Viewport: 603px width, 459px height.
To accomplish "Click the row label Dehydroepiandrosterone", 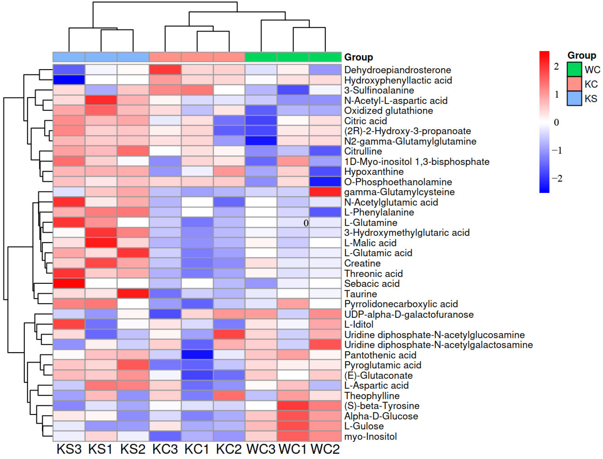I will pos(398,70).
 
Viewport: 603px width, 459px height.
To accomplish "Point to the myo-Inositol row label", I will pos(370,436).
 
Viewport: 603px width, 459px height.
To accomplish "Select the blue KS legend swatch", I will pos(574,98).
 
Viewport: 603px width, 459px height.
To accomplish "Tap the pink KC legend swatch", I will pos(574,84).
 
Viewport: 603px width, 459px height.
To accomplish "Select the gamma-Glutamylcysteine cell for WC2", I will pos(325,192).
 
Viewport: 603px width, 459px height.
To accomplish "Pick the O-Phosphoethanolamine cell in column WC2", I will pos(325,182).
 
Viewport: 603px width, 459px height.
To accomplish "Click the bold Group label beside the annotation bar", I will pos(358,57).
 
